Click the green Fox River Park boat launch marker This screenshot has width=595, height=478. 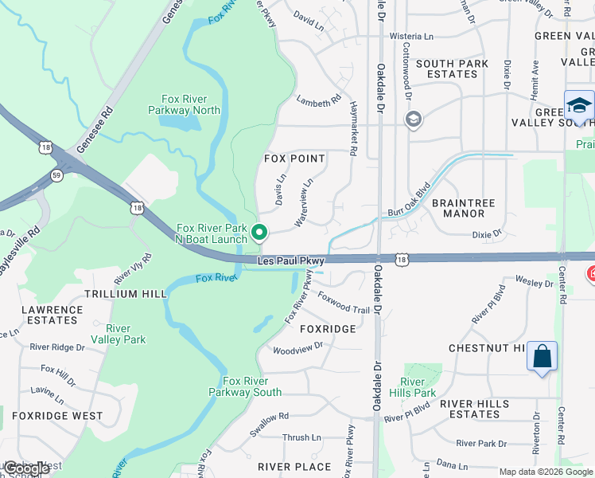click(259, 233)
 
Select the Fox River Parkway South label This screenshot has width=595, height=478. click(245, 386)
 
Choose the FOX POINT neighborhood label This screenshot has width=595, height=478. click(294, 159)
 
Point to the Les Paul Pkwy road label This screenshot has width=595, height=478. click(291, 261)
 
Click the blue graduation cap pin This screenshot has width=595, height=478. click(578, 106)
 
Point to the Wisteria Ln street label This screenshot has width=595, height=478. click(410, 37)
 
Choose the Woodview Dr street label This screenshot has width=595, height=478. click(297, 347)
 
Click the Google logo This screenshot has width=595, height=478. click(26, 468)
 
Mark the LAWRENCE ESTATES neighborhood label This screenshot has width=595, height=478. click(52, 315)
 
